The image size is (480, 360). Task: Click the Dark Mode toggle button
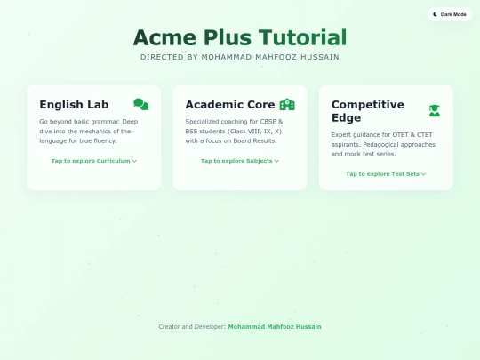pos(448,14)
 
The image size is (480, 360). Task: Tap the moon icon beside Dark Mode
pos(435,14)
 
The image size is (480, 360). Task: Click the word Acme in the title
pos(165,37)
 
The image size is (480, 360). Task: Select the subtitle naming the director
pos(240,57)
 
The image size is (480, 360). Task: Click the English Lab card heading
pos(74,104)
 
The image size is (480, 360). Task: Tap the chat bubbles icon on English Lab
pos(140,104)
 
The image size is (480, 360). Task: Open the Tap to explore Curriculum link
pos(93,161)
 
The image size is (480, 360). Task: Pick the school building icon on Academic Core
pos(287,104)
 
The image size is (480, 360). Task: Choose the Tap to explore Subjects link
pos(240,161)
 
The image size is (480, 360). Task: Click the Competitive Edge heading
pos(368,110)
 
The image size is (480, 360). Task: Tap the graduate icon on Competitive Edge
pos(434,110)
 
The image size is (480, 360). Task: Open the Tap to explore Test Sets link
pos(386,174)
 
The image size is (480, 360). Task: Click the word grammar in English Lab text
pos(105,121)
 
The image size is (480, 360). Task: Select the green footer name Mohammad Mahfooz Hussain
pos(275,326)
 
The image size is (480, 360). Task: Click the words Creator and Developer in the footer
pos(191,326)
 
